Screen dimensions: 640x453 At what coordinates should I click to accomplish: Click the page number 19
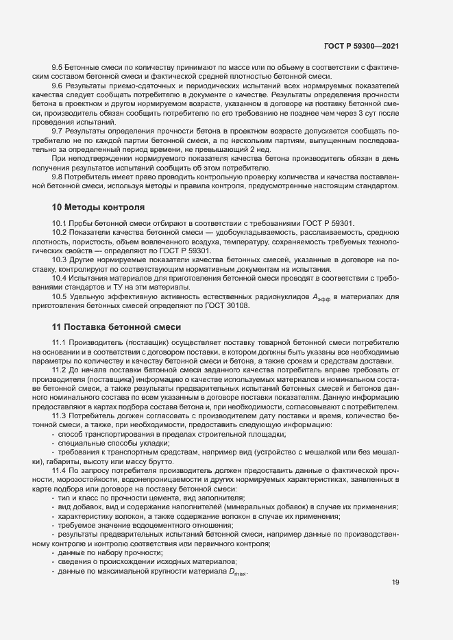point(395,583)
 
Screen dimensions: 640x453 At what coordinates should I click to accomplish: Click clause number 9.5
point(58,68)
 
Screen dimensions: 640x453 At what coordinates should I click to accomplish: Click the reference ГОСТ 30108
point(225,305)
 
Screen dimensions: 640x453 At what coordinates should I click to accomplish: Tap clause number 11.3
point(60,415)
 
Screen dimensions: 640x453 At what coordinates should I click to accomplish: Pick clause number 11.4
point(60,471)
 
